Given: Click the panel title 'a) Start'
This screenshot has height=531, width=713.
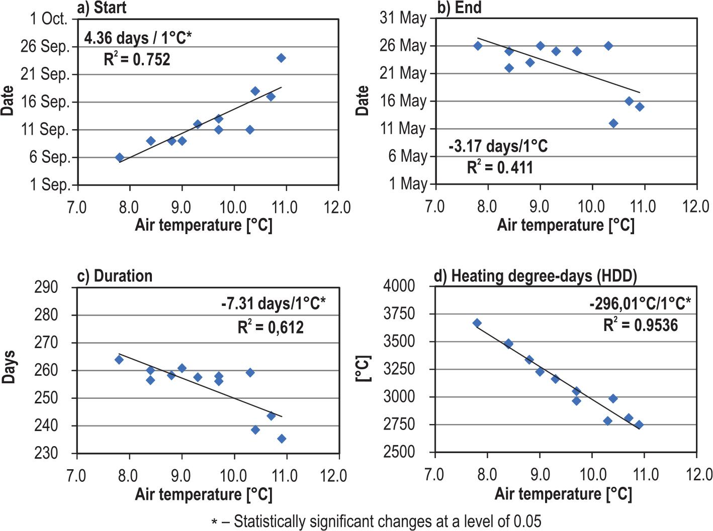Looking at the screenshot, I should [102, 8].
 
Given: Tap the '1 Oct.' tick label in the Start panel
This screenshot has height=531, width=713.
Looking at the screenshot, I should [48, 19].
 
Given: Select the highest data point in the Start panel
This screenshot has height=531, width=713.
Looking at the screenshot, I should [281, 58].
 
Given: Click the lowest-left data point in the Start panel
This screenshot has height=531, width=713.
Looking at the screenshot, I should [119, 157].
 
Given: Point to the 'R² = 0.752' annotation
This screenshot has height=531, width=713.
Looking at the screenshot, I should [137, 59].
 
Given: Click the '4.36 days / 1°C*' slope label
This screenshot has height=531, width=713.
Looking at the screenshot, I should [138, 38].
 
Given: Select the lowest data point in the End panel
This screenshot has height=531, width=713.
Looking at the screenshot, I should [613, 124].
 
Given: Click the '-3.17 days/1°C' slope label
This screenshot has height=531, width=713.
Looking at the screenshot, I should [498, 146].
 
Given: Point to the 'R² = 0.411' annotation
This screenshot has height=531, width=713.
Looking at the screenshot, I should [500, 167].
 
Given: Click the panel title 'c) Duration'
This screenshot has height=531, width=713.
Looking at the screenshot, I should [115, 276].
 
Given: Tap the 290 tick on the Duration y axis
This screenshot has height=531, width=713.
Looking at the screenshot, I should [46, 287].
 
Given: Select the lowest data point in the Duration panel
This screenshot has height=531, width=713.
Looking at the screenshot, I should [282, 439].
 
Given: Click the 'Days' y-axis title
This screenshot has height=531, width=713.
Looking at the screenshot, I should [9, 367].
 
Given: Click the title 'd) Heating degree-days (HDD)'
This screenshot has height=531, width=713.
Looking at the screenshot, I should [536, 276].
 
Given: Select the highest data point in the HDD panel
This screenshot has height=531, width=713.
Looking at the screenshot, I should [477, 323].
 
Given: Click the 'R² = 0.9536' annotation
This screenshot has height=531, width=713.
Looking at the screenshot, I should [640, 325].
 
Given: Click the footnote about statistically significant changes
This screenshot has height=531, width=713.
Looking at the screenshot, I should [376, 521].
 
